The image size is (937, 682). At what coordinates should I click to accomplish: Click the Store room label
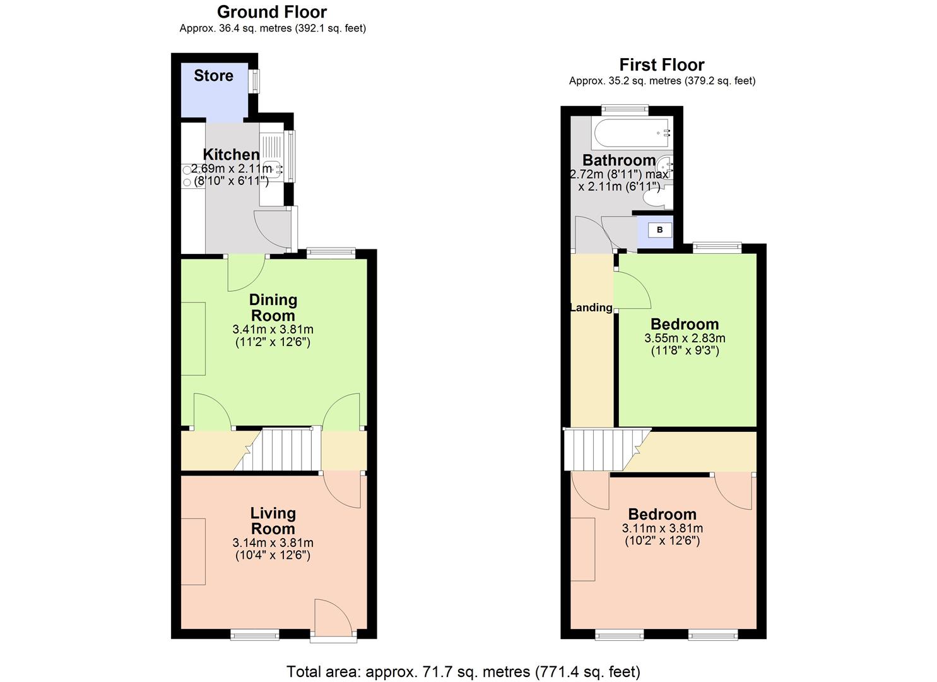tap(213, 76)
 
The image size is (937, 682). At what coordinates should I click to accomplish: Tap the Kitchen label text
tap(231, 155)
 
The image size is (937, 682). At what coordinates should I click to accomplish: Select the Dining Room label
tap(273, 308)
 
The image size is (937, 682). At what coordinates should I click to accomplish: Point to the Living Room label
tap(273, 521)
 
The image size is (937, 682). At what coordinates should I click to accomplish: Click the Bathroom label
tap(619, 160)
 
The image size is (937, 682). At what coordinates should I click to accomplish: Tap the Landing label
tap(591, 308)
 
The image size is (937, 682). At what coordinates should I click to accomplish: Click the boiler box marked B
tap(659, 230)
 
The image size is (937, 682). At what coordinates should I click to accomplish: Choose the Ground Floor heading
tap(272, 12)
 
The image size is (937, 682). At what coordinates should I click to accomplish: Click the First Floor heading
tap(661, 65)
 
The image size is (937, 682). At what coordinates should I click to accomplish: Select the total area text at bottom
tap(463, 671)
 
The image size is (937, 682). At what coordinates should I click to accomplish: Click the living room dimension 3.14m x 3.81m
tap(273, 542)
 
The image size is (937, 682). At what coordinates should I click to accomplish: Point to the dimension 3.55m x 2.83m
tap(685, 338)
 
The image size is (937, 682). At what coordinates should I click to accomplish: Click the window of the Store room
tap(255, 81)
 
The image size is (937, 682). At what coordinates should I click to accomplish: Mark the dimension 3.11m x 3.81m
tap(663, 529)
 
